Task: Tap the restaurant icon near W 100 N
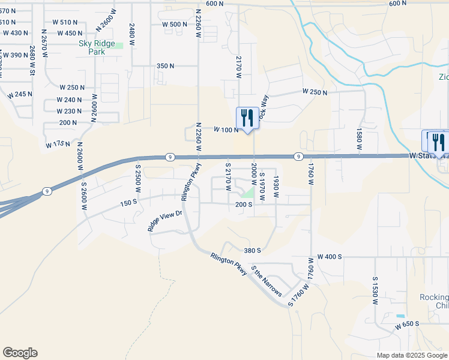coord(247,118)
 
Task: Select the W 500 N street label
coord(175,24)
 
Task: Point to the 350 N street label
coord(165,66)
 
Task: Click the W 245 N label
coord(20,95)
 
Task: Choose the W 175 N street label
coord(58,145)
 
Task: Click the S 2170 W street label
coord(228,176)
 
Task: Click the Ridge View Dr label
coord(164,221)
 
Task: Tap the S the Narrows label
coord(266,280)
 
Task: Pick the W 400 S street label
coord(330,257)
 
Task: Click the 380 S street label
coord(252,250)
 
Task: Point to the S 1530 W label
coord(375,291)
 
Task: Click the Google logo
coord(20,353)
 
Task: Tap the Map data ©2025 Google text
coord(412,355)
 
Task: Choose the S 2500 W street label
coord(137,178)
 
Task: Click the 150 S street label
coord(129,203)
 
